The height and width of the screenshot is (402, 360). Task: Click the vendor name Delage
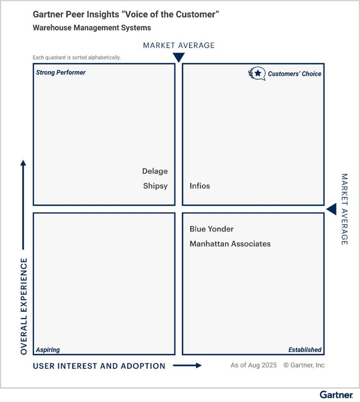[155, 171]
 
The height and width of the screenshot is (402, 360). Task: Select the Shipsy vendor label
[155, 186]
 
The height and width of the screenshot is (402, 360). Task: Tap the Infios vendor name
[200, 186]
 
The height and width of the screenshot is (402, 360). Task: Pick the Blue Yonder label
[211, 229]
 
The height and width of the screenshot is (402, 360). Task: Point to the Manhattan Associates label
[230, 244]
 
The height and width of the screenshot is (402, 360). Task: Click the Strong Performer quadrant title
[61, 73]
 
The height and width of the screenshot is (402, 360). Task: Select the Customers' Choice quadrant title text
[295, 74]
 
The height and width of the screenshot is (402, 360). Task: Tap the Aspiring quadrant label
[48, 350]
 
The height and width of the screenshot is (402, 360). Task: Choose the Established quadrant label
[305, 350]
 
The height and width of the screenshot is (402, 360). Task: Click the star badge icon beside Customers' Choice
[257, 73]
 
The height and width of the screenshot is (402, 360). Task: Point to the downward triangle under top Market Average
[178, 57]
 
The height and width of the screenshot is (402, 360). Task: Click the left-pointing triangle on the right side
[331, 209]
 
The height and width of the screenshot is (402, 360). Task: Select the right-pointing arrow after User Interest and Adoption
[187, 365]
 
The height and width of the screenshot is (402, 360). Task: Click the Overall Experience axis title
[23, 306]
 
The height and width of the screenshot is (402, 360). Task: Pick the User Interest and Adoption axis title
[99, 366]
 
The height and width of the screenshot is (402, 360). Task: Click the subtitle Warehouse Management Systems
[92, 28]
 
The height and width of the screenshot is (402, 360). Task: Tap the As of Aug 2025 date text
[254, 365]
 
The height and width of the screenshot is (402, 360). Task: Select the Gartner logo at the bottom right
[336, 394]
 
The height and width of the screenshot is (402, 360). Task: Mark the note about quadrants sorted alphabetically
[76, 57]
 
